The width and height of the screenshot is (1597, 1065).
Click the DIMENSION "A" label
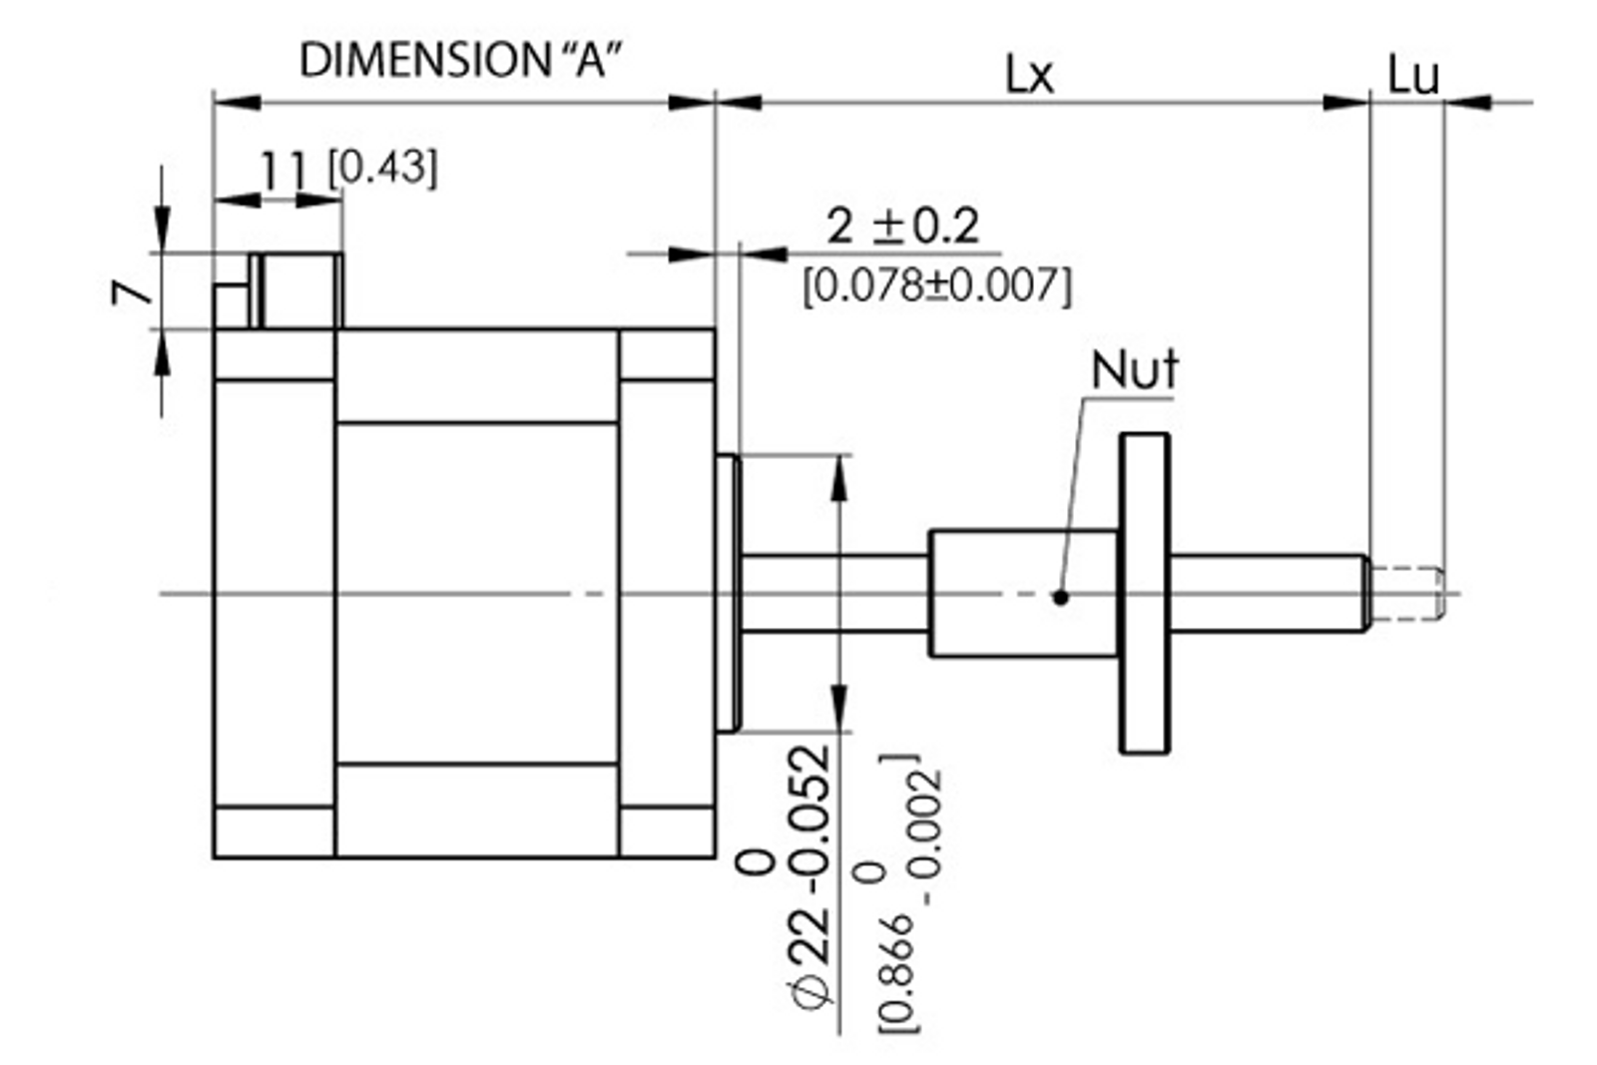[x=460, y=60]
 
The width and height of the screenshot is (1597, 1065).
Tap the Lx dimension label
[x=1028, y=75]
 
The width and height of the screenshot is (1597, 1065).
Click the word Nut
[x=1134, y=370]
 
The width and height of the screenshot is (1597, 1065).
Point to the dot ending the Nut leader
[x=1061, y=597]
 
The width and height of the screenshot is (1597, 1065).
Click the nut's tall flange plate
[x=1144, y=593]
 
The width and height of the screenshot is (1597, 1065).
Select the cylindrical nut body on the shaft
[x=1022, y=593]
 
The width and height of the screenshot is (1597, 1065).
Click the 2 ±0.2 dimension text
[x=902, y=227]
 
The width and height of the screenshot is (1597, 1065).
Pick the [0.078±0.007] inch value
[x=937, y=286]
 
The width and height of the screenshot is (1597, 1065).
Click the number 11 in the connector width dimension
[x=284, y=170]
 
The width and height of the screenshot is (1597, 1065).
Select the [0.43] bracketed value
[x=383, y=168]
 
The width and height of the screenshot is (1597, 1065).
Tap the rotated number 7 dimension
[x=132, y=291]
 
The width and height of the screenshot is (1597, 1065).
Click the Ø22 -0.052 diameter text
[x=807, y=878]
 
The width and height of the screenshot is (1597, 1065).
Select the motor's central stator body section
[x=477, y=593]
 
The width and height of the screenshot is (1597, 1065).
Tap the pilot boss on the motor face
[x=728, y=593]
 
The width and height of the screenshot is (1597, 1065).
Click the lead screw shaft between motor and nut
[x=834, y=593]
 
